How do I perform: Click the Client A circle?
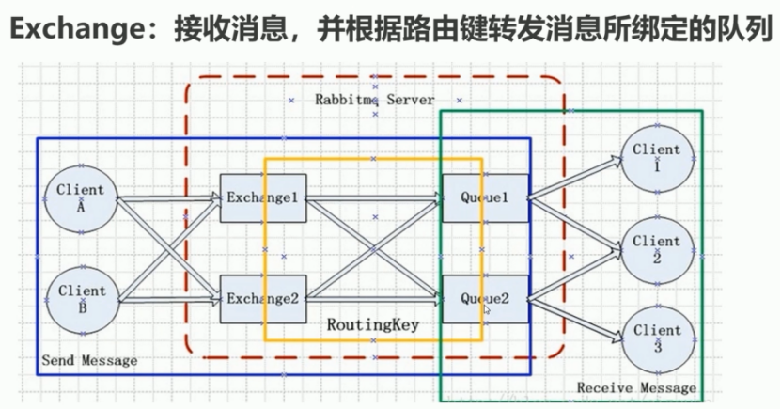pyautogui.click(x=81, y=198)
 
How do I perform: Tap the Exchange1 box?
pyautogui.click(x=263, y=198)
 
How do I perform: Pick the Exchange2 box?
pyautogui.click(x=263, y=299)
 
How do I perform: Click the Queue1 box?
pyautogui.click(x=485, y=198)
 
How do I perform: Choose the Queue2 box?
pyautogui.click(x=485, y=299)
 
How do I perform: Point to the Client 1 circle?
pyautogui.click(x=656, y=157)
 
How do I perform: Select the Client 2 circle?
pyautogui.click(x=656, y=248)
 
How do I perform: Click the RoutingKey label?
pyautogui.click(x=372, y=325)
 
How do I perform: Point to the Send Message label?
pyautogui.click(x=90, y=360)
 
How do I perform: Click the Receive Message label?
pyautogui.click(x=636, y=387)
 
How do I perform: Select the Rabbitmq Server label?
pyautogui.click(x=374, y=99)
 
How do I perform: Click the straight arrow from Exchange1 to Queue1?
pyautogui.click(x=374, y=198)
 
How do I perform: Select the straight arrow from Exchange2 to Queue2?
pyautogui.click(x=374, y=299)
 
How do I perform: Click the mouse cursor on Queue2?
pyautogui.click(x=486, y=308)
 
